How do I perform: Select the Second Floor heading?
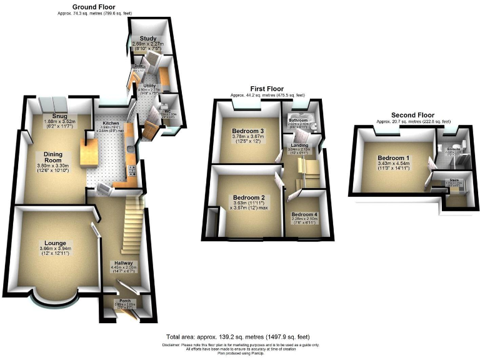click(412, 115)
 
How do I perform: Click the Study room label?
click(147, 37)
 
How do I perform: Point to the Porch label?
click(126, 300)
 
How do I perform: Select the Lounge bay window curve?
click(49, 306)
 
